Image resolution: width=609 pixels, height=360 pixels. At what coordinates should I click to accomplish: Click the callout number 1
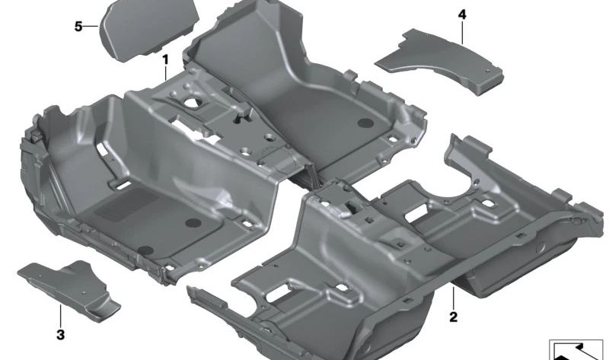click(x=165, y=60)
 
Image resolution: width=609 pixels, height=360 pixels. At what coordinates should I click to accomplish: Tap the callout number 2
click(x=453, y=317)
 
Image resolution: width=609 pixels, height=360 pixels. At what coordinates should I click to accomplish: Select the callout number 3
click(x=61, y=334)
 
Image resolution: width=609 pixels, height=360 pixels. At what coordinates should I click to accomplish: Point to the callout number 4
click(x=462, y=14)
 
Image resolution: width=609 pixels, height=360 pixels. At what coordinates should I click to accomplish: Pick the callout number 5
click(x=78, y=27)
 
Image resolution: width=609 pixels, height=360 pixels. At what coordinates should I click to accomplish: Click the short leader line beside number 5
click(x=91, y=27)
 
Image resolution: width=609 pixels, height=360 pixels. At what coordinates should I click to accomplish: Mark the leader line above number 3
click(x=61, y=316)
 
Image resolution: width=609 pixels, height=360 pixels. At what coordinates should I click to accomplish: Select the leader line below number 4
click(x=462, y=33)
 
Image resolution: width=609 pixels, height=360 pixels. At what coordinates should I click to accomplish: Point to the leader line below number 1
click(x=166, y=73)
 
